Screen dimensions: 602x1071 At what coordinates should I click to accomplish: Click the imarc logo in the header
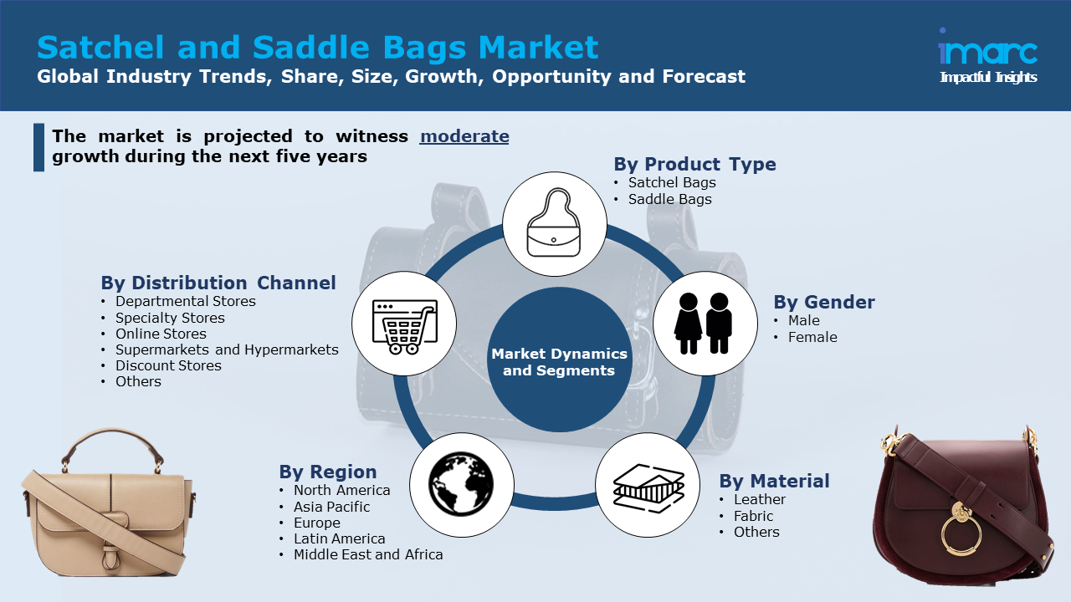(x=987, y=52)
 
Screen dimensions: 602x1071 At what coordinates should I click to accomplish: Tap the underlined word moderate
(x=464, y=136)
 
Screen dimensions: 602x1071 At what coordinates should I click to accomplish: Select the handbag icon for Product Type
(x=554, y=224)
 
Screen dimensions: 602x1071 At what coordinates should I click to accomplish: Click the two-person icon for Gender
(x=705, y=323)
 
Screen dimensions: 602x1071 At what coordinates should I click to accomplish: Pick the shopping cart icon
(x=404, y=324)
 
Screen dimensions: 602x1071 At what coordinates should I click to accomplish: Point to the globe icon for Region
(x=461, y=484)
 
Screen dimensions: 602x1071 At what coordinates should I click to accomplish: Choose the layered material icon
(x=648, y=484)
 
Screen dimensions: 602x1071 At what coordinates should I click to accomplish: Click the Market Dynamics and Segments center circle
(x=559, y=361)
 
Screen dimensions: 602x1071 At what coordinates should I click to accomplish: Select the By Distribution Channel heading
(x=218, y=283)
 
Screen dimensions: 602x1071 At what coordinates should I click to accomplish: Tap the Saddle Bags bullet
(x=669, y=199)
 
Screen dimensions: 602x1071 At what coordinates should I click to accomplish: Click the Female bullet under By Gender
(x=812, y=337)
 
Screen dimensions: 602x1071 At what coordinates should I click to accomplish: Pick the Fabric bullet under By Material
(x=753, y=516)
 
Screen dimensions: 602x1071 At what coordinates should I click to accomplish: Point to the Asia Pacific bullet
(x=331, y=507)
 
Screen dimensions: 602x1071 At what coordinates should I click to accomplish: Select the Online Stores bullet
(x=161, y=334)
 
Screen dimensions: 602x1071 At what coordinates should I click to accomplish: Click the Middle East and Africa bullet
(x=368, y=554)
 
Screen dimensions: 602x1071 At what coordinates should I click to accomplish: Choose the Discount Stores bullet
(x=168, y=365)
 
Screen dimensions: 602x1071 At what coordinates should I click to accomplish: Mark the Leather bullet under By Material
(x=760, y=499)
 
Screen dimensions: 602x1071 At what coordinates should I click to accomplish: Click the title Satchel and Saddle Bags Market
(x=318, y=47)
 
